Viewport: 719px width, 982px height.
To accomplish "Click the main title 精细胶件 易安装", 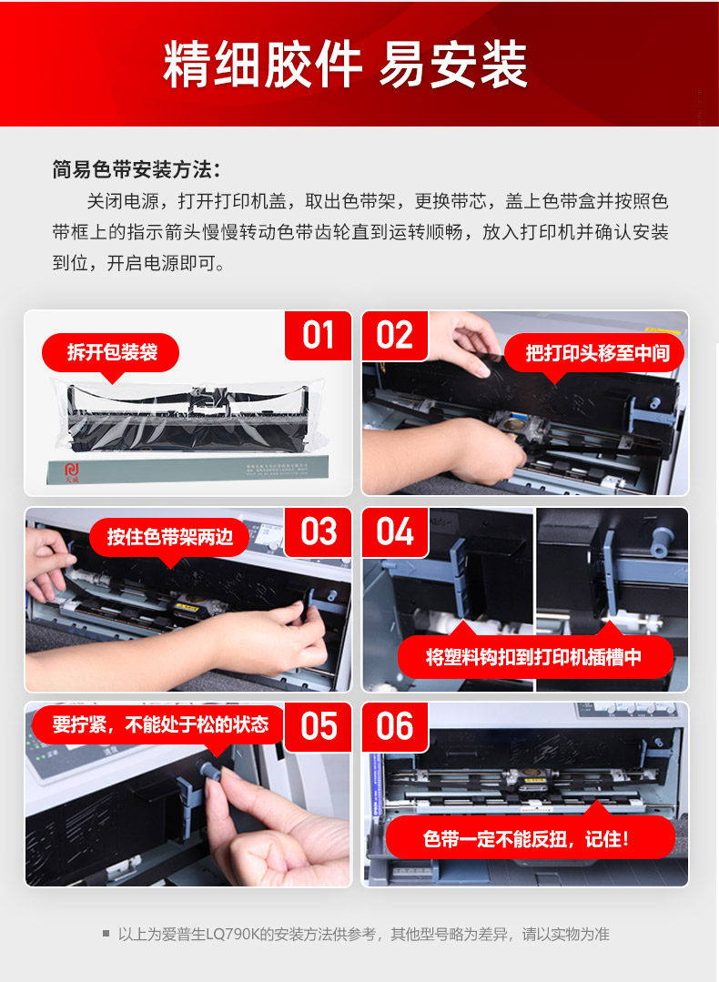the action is [x=345, y=65].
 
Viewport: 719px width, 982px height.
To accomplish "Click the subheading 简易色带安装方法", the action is [x=136, y=169].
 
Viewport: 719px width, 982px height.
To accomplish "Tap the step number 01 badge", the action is [x=319, y=335].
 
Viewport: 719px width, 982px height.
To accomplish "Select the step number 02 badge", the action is [x=395, y=336].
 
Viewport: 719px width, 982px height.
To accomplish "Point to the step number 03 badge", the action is [x=319, y=532].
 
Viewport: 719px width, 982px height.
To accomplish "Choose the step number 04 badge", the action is [x=395, y=532].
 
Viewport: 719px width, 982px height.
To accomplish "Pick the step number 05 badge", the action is [x=319, y=726].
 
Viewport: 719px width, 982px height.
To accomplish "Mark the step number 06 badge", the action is [x=395, y=726].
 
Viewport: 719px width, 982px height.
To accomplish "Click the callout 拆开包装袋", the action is [x=111, y=353].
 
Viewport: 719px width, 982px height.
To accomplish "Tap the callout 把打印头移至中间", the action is [x=594, y=353].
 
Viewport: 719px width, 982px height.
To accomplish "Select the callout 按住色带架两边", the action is [x=169, y=537].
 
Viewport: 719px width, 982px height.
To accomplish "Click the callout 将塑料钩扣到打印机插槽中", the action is [x=534, y=656].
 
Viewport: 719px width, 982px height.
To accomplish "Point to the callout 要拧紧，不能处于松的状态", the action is [x=159, y=724].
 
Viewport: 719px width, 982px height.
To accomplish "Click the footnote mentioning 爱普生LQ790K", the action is [x=363, y=935].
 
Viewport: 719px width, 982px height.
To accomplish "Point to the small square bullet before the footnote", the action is [x=106, y=934].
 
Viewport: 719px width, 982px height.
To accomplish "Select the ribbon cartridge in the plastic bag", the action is [x=187, y=417].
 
